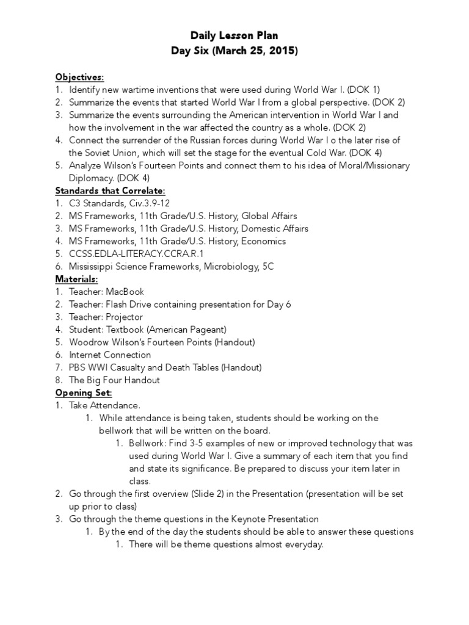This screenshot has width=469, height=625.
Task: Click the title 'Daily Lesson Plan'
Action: (x=234, y=36)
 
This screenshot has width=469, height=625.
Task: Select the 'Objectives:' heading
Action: (x=79, y=77)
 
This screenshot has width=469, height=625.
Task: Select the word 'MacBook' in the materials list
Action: (x=125, y=292)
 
